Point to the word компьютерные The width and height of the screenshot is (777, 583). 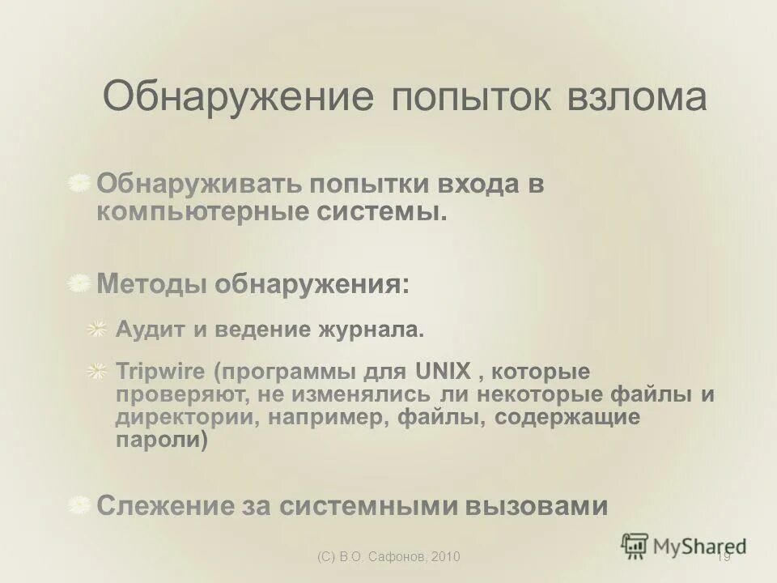click(202, 212)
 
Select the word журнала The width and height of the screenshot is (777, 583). click(372, 330)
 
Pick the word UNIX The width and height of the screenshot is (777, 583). click(443, 372)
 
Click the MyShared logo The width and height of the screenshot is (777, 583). click(684, 545)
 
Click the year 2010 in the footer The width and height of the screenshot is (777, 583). click(446, 556)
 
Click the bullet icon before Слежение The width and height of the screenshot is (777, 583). click(79, 505)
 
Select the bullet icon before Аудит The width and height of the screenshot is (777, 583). click(97, 329)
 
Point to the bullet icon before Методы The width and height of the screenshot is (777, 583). click(79, 283)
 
